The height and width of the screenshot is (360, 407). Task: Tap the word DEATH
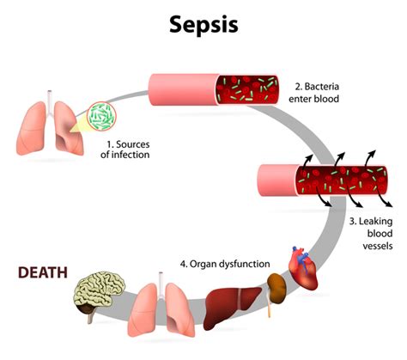(x=46, y=273)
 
